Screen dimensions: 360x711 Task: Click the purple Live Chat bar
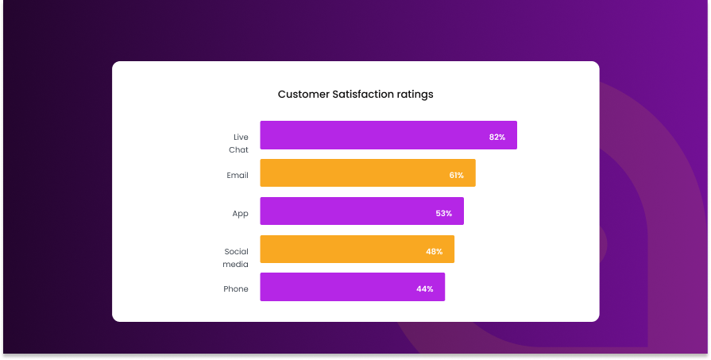coord(373,135)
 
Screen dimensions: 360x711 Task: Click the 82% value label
coord(497,137)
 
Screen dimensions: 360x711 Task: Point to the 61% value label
coord(456,175)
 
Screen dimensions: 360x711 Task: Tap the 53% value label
coord(444,213)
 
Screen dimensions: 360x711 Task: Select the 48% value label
coord(435,251)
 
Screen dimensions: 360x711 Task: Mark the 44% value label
coord(425,288)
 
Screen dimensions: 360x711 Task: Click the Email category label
coord(238,175)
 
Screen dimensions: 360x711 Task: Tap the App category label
coord(240,213)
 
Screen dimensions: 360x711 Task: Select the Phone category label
coord(236,288)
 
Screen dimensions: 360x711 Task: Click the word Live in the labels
coord(241,137)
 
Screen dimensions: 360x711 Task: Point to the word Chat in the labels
coord(238,149)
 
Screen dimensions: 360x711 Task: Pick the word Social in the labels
coord(237,252)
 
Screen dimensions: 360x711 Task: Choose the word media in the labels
coord(236,264)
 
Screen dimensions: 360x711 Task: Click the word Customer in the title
coord(303,95)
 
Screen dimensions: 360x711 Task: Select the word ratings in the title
coord(415,95)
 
